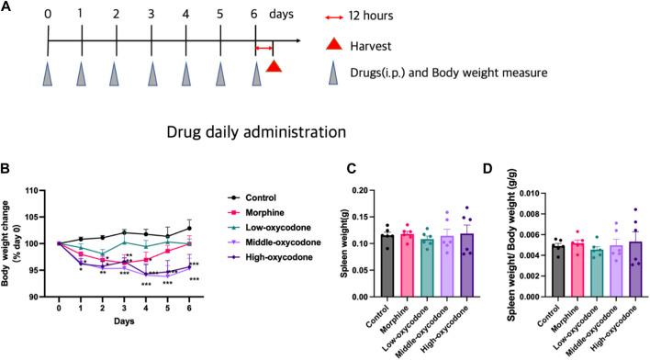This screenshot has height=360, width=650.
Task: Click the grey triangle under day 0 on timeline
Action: point(47,73)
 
